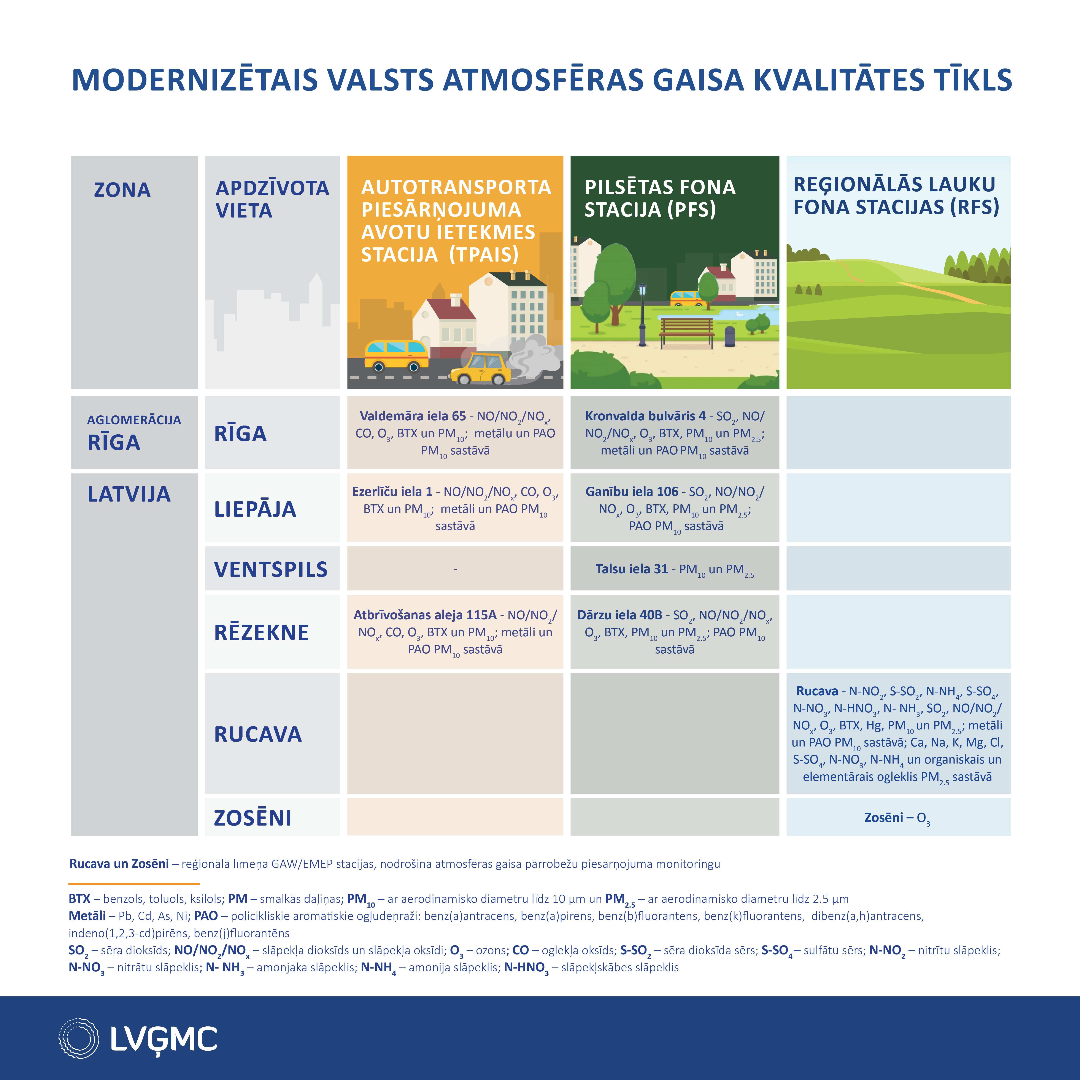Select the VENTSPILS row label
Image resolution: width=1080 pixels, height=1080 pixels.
271,569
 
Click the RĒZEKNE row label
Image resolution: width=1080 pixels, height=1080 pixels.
261,632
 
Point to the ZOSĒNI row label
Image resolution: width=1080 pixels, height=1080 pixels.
253,818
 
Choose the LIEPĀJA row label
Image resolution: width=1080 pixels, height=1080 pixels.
255,509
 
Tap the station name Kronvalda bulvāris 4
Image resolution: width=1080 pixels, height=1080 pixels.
645,416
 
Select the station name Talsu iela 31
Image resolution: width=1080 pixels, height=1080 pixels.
632,569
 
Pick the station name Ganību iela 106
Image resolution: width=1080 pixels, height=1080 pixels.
632,492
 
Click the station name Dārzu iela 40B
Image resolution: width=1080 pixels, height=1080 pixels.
619,615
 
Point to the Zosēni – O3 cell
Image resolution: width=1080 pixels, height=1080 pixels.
897,818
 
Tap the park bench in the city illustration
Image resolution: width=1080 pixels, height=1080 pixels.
686,331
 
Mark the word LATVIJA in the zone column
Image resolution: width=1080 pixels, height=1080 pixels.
129,494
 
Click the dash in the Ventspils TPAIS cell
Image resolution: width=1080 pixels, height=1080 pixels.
455,569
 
